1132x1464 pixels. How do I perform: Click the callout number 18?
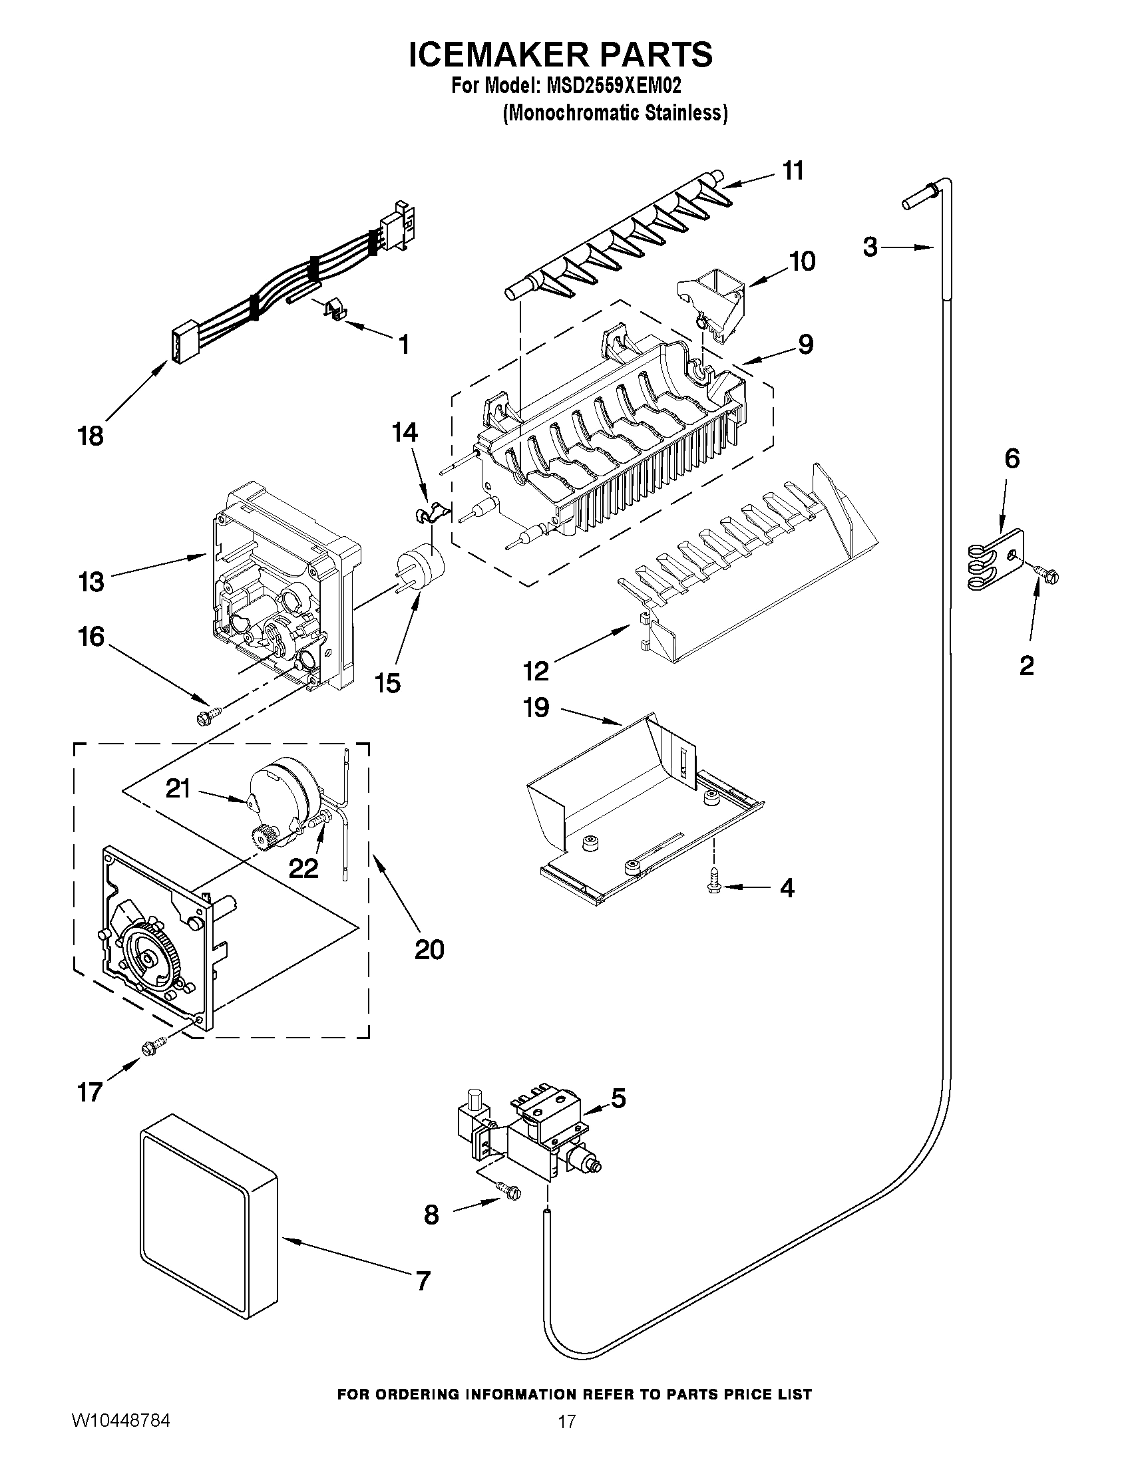(91, 436)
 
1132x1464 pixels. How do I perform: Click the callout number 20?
(429, 950)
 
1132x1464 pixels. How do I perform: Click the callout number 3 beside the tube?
(870, 247)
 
